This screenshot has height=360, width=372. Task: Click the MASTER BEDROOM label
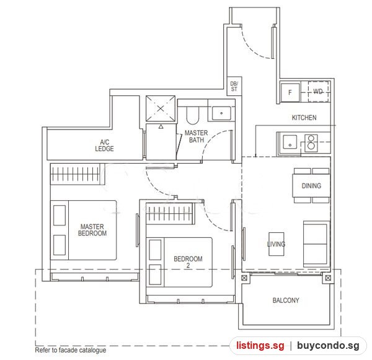point(92,230)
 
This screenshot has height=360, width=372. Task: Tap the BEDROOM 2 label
point(188,262)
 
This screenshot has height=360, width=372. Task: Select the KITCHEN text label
point(304,118)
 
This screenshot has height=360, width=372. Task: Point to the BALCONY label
point(286,301)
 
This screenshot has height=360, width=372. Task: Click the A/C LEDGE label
point(104,146)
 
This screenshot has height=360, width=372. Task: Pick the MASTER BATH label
point(196,136)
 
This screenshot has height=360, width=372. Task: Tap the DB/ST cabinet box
point(234,86)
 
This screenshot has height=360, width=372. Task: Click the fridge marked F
point(290,92)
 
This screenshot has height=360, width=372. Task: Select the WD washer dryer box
point(318,91)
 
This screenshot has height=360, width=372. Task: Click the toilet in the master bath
point(192,116)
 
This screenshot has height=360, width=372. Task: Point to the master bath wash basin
point(221,113)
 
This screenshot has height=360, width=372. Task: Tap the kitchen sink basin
point(290,142)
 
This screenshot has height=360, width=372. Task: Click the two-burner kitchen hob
point(311,142)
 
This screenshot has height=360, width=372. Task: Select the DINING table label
point(311,186)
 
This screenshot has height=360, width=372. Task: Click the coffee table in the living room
point(276,244)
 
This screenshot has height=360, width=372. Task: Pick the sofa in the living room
point(316,244)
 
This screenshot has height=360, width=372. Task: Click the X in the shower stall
point(161,108)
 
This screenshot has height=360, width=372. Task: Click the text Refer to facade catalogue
point(71,350)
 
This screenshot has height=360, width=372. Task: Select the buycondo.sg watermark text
point(328,346)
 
